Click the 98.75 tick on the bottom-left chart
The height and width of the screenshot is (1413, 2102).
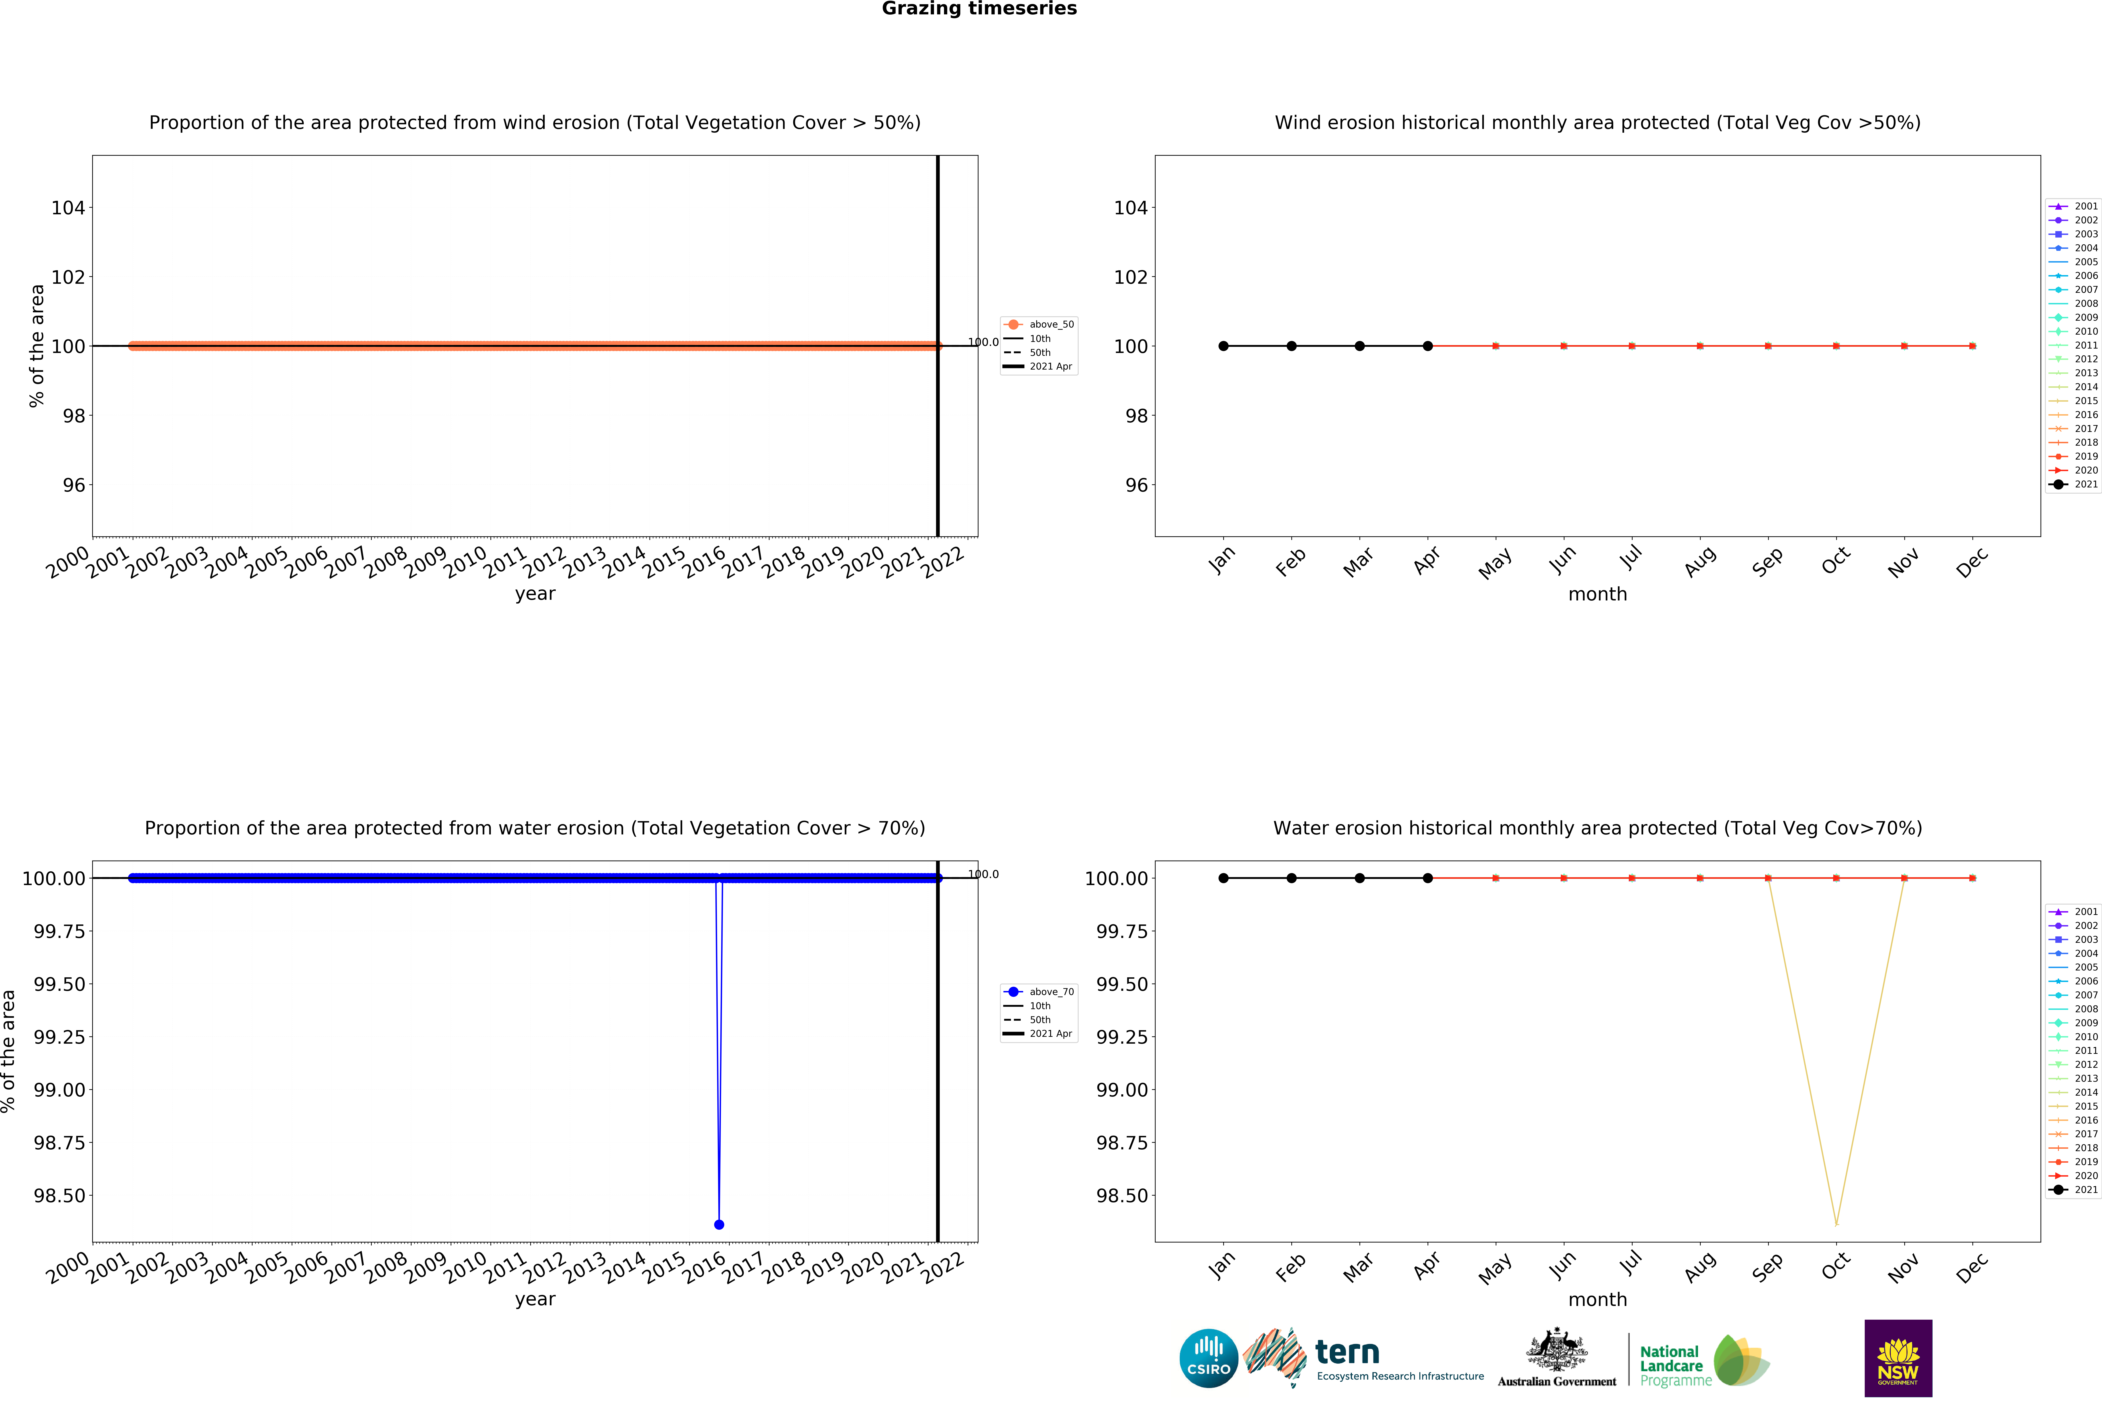point(59,1143)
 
